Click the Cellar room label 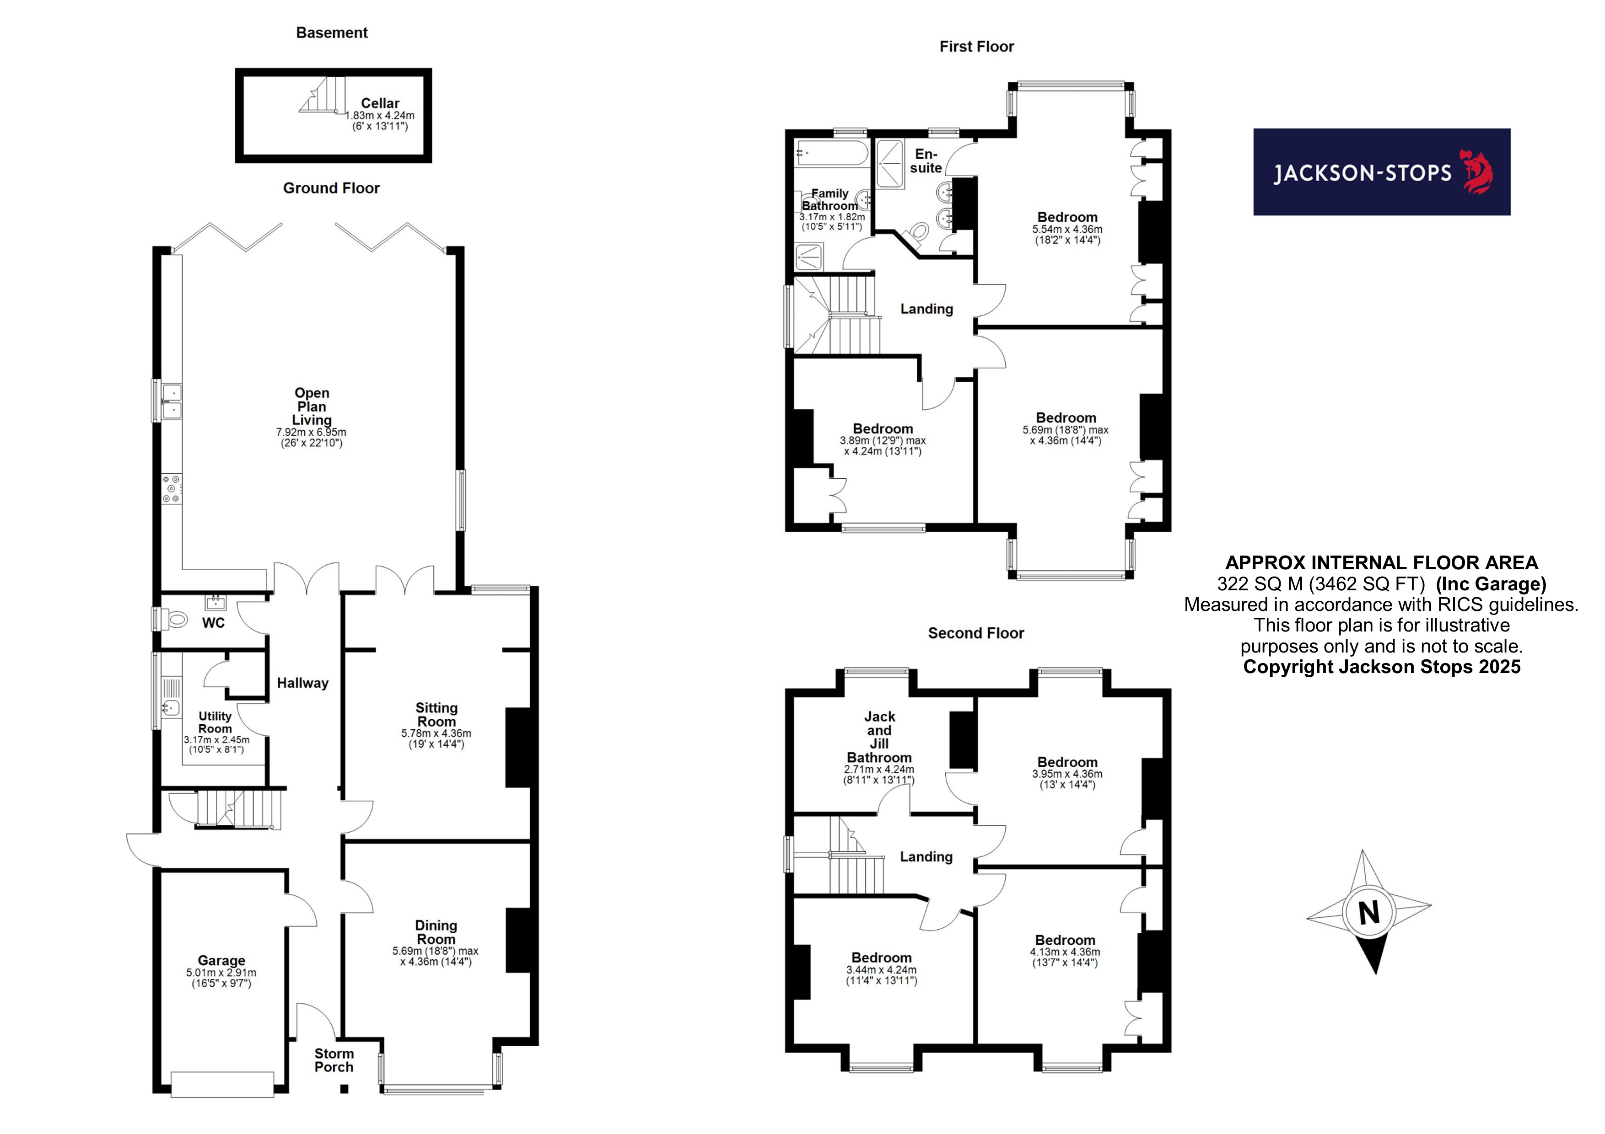[x=380, y=103]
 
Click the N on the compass [x=1369, y=913]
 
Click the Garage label [x=221, y=961]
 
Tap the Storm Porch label [x=334, y=1060]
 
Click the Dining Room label [x=436, y=932]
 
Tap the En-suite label [x=926, y=160]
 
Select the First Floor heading [x=976, y=47]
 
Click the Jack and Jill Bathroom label [x=879, y=737]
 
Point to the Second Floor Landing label [x=926, y=856]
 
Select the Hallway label [x=303, y=683]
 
